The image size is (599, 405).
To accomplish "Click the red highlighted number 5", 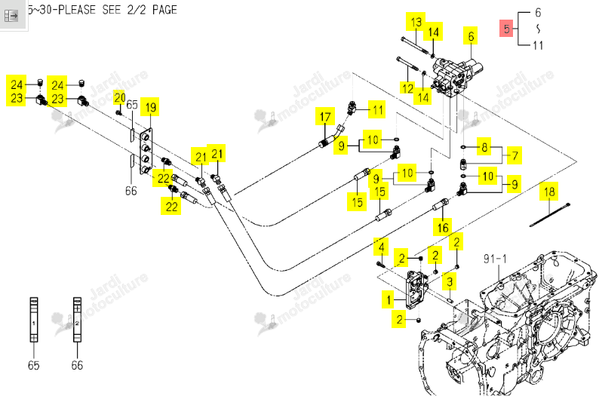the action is click(506, 29).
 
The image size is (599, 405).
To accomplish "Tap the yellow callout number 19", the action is click(151, 107).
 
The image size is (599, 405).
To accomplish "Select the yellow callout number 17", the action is click(325, 117).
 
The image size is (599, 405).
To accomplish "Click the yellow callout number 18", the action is click(549, 192).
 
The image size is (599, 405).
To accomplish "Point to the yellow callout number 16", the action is click(442, 228).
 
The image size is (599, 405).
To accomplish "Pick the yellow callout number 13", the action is click(416, 21).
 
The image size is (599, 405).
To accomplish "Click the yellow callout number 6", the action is click(471, 36).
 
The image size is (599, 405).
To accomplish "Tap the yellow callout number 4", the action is click(381, 247).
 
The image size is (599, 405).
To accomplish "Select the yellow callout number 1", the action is click(389, 299).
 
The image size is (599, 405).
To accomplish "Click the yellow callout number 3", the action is click(450, 282).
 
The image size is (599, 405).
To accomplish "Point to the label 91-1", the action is click(495, 259).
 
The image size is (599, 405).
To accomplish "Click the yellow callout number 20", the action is click(119, 98).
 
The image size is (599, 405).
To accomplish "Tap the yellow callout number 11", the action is click(377, 110).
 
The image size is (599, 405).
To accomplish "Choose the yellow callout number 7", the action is click(515, 155).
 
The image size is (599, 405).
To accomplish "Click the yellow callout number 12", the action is click(407, 88).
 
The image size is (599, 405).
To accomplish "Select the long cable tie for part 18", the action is click(550, 215).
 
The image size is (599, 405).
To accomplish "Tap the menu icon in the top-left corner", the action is click(11, 16).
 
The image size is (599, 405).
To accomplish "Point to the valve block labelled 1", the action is click(416, 290).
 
